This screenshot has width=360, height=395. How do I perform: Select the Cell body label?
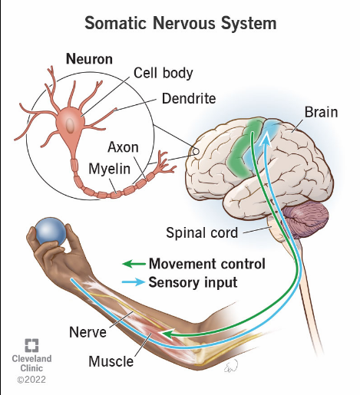tap(163, 73)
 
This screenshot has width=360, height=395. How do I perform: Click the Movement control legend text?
tap(206, 264)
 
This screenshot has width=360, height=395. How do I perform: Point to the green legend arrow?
tap(134, 265)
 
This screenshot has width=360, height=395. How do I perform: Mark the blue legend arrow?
tap(134, 282)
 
